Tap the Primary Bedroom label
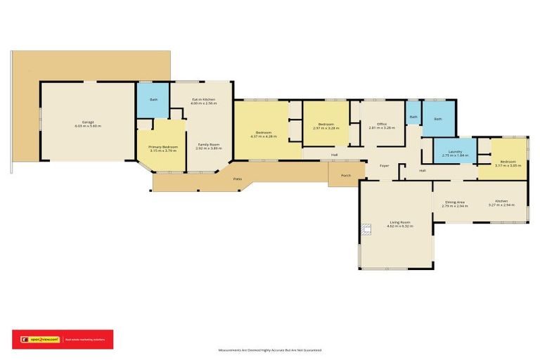tap(163, 147)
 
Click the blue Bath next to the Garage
tap(153, 99)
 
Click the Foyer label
tap(385, 166)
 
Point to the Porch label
tap(345, 175)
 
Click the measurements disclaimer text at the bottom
tap(270, 349)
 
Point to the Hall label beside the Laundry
tap(423, 170)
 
